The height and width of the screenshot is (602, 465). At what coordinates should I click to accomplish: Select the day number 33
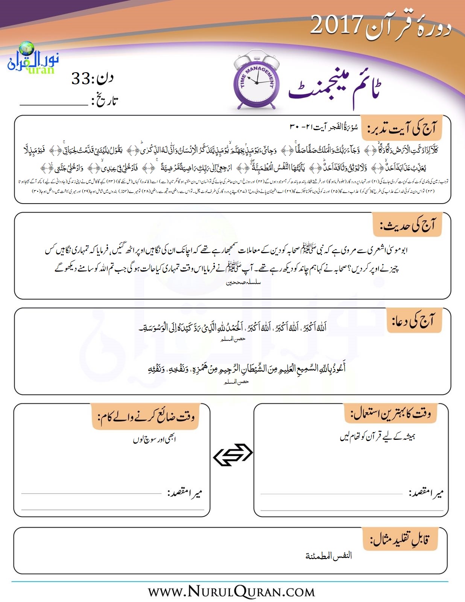[81, 79]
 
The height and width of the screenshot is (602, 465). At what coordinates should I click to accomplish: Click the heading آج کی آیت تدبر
[401, 129]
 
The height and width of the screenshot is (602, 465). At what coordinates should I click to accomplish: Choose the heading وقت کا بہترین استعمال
[391, 414]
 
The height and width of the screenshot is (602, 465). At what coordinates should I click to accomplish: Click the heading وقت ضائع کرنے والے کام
[146, 417]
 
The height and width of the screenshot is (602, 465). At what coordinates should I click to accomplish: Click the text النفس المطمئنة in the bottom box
[328, 556]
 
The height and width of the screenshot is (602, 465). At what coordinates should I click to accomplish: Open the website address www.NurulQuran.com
[231, 592]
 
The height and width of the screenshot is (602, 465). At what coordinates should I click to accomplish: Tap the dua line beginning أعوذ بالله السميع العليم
[246, 369]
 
